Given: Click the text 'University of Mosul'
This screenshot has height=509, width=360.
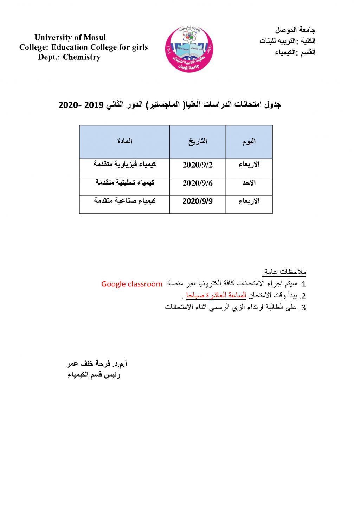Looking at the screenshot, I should [x=70, y=38].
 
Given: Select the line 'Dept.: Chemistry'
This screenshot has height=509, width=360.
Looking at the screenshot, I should [x=70, y=57].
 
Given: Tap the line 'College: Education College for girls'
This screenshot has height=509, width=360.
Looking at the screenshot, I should [x=84, y=47].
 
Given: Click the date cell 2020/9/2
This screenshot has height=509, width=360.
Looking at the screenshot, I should [x=198, y=165].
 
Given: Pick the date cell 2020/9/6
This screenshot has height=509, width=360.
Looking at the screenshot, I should [x=198, y=183].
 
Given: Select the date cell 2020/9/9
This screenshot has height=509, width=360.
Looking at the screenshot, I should [x=198, y=201].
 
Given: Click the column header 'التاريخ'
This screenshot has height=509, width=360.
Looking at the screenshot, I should [x=198, y=142].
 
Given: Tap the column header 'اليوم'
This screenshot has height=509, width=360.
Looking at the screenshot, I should [x=249, y=142].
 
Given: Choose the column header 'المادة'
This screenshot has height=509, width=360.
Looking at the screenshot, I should [x=124, y=141].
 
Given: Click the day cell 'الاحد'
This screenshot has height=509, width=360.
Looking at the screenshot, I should [x=249, y=183].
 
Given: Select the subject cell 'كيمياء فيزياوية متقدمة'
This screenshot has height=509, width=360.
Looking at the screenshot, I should [x=124, y=165].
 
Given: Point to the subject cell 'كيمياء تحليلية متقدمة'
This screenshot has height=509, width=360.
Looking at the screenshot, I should [x=124, y=183].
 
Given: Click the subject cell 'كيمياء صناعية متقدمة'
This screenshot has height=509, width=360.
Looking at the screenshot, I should [x=124, y=201].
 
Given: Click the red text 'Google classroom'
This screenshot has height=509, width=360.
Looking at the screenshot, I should [x=132, y=284].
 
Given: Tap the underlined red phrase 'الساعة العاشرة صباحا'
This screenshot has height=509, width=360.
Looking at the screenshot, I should [x=216, y=296].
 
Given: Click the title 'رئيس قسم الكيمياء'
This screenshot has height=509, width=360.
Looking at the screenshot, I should [x=94, y=375].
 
